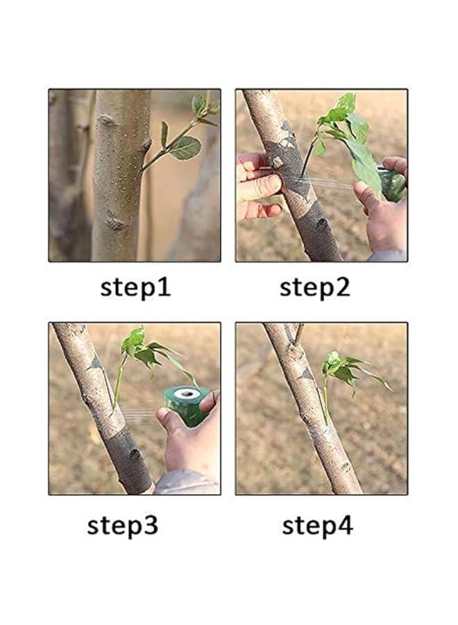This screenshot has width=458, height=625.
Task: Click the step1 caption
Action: pos(135,287)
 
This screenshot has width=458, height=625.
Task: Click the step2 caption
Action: pos(314,287)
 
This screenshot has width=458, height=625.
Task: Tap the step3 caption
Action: pos(123,526)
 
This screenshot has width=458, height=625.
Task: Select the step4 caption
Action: pos(317,526)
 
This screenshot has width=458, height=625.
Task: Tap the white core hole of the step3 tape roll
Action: pos(187,394)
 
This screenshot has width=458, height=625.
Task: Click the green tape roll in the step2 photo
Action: pos(391,183)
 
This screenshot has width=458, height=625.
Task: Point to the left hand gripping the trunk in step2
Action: pos(260,184)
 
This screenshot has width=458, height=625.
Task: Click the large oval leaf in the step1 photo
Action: pos(185,148)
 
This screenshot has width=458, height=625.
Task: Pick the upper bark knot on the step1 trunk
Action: pos(107,119)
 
